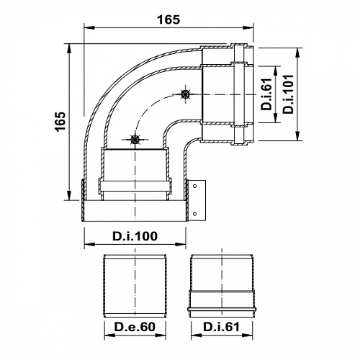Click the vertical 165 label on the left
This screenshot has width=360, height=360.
point(61,124)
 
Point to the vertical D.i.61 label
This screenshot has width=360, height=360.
point(266,96)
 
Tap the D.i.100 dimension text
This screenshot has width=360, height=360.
point(135,235)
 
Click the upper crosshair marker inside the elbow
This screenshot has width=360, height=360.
point(185,94)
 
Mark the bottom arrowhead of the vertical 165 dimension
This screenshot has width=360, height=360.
point(70,199)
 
